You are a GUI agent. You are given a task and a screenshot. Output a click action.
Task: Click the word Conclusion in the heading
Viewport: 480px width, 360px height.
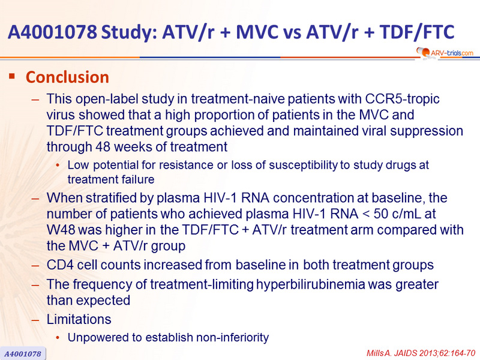pos(67,77)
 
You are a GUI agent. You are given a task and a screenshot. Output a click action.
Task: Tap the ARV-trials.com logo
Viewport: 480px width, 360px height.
pos(445,53)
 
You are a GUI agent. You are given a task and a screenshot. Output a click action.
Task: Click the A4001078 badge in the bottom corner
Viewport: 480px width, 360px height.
pos(23,353)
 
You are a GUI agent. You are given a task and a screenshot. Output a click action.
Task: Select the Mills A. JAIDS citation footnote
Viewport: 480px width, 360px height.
pos(421,353)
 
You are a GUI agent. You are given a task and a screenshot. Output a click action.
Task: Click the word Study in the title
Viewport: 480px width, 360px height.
pos(129,32)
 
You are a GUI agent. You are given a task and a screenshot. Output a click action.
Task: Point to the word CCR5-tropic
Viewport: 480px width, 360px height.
pos(402,99)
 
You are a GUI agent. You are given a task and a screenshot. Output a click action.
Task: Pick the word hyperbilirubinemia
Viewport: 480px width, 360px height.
pos(310,284)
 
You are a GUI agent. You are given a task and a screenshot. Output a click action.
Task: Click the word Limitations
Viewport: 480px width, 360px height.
pos(79,319)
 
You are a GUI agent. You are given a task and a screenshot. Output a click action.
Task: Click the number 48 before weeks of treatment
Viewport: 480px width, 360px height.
pos(103,146)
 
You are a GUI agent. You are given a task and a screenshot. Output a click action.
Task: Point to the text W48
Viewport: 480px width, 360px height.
pos(61,230)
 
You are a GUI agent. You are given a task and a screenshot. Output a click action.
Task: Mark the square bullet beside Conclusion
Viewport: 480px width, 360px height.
pos(12,76)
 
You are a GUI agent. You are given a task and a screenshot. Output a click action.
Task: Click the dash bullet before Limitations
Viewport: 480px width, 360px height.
pos(35,320)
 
